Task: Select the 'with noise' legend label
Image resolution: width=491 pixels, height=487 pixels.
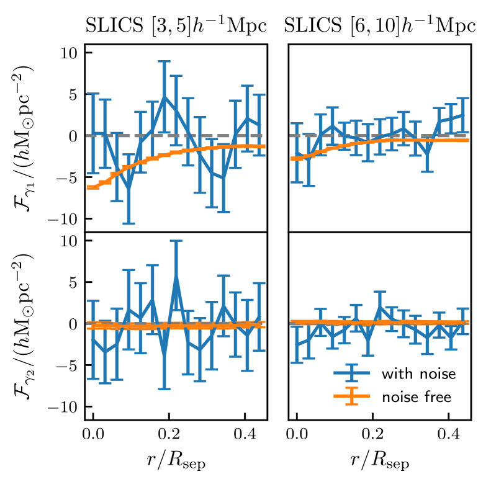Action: (419, 374)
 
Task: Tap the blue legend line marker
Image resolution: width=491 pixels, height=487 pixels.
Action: (352, 373)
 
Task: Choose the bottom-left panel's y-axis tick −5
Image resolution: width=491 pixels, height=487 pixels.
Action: (68, 365)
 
